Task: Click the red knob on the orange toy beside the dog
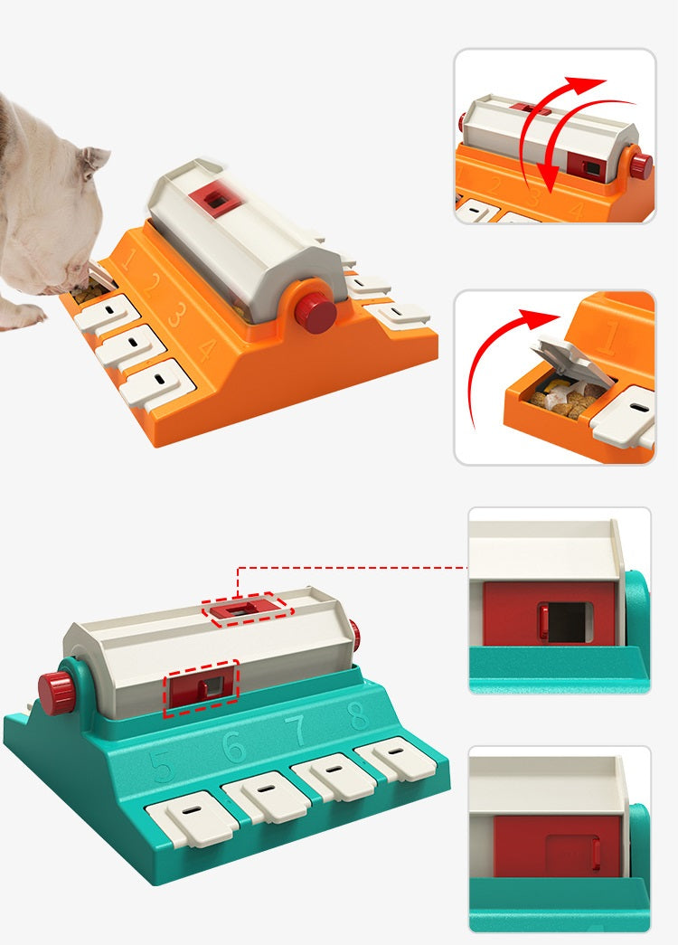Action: point(315,312)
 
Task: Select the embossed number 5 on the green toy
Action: point(164,766)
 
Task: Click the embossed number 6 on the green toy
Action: point(233,747)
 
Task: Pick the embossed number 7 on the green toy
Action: point(297,730)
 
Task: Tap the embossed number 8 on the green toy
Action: point(359,716)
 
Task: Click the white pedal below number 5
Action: point(191,817)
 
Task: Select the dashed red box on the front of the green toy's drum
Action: point(201,687)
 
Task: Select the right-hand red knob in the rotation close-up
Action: point(640,165)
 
